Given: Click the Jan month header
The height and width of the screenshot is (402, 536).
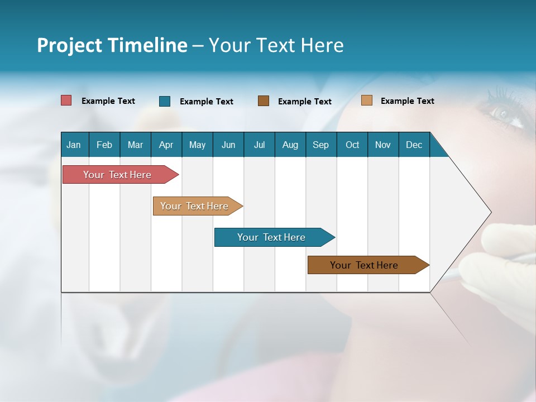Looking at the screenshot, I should click(74, 145).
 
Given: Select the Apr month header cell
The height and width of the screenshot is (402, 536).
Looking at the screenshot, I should click(166, 145).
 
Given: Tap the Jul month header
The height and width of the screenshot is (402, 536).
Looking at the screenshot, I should click(259, 145).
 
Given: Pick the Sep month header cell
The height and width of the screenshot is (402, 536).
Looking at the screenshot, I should click(321, 145).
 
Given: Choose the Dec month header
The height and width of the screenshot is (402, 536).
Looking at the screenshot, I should click(414, 145).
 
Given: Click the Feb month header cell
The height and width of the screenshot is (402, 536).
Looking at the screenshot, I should click(104, 145).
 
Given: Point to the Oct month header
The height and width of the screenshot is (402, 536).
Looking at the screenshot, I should click(352, 145).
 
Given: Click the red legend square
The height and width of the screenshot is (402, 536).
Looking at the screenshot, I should click(66, 100).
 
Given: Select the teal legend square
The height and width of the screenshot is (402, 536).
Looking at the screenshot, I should click(165, 101).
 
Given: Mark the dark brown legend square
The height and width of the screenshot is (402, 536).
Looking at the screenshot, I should click(264, 101).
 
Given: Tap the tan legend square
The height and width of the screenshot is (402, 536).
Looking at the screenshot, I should click(366, 100).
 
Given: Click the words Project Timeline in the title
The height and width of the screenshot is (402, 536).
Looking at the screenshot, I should click(112, 45).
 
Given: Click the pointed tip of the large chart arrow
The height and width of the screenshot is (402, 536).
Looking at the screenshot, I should click(490, 212).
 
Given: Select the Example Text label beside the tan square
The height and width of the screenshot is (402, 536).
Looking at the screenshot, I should click(407, 101).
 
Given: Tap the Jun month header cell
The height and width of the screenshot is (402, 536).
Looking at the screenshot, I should click(228, 145).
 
